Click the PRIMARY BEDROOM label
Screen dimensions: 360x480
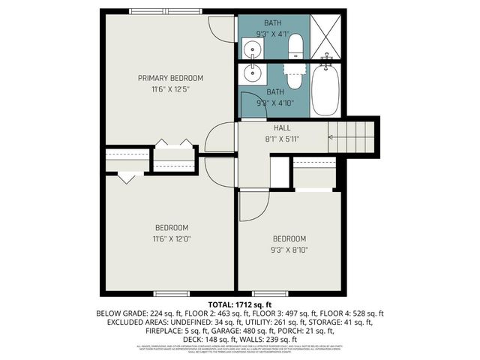pos(170,78)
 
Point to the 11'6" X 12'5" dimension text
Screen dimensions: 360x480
pos(170,89)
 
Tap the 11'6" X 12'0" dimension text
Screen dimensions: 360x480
pos(172,239)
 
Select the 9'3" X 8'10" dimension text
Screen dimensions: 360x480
pos(289,250)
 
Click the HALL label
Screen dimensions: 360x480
pos(282,128)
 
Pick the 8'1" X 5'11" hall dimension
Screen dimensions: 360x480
pos(282,139)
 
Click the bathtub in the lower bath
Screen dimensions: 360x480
pos(326,90)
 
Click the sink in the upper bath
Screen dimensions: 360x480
pos(253,49)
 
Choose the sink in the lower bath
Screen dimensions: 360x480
pos(253,74)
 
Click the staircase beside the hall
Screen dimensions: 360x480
pos(352,137)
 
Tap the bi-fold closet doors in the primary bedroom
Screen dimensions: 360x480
pos(172,142)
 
